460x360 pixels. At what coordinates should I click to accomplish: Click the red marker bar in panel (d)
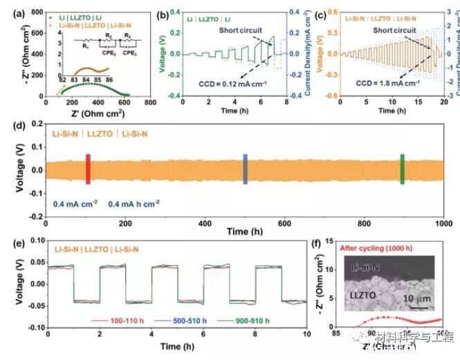[88, 169]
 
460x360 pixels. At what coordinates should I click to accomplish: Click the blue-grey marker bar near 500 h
[245, 169]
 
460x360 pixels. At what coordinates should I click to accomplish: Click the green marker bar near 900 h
[403, 169]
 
